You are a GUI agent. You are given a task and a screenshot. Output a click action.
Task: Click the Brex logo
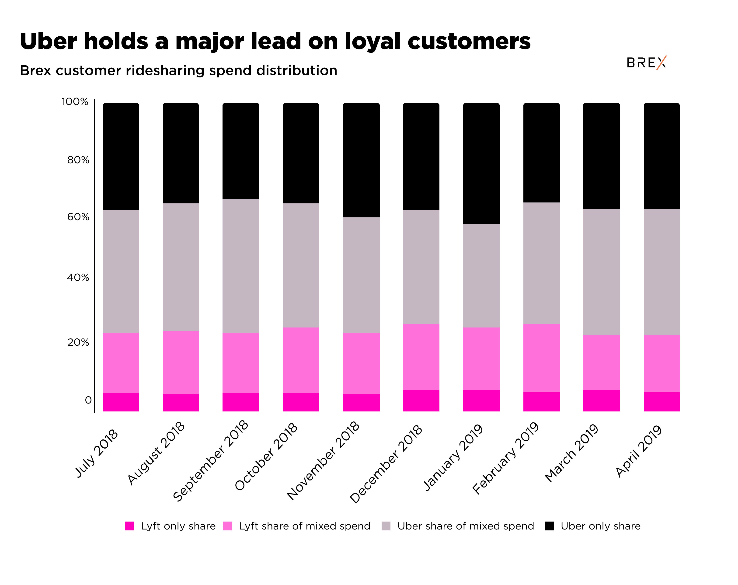click(646, 63)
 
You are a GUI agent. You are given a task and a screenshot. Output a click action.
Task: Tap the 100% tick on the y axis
click(75, 102)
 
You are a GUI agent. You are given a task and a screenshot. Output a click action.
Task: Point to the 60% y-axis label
click(78, 217)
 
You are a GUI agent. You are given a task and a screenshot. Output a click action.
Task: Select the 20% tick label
click(78, 342)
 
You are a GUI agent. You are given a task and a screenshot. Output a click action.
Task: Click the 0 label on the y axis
click(88, 400)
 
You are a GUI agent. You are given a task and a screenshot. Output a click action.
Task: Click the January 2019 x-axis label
click(453, 457)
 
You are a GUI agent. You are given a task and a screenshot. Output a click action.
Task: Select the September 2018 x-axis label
click(211, 461)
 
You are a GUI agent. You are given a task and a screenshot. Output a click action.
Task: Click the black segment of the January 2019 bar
click(481, 164)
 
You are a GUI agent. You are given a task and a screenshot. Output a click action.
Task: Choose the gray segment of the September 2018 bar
click(241, 266)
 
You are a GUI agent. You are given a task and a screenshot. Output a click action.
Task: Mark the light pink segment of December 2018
click(421, 357)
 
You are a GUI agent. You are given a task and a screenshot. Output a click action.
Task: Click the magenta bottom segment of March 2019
click(601, 400)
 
